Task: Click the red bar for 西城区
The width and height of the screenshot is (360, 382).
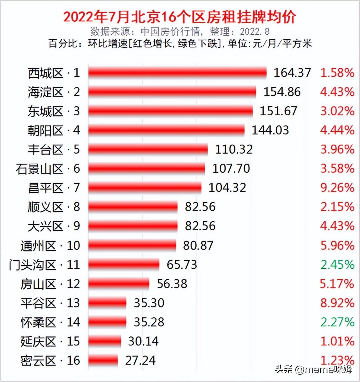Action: pyautogui.click(x=177, y=73)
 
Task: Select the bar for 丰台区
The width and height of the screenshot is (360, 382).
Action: pyautogui.click(x=148, y=149)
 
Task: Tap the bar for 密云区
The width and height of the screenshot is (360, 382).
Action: pyautogui.click(x=103, y=360)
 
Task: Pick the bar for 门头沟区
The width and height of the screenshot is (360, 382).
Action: pyautogui.click(x=124, y=265)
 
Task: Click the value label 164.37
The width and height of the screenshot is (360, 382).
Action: pyautogui.click(x=292, y=73)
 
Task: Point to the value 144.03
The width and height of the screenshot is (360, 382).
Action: pyautogui.click(x=270, y=130)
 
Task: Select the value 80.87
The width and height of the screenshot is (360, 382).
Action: pyautogui.click(x=198, y=246)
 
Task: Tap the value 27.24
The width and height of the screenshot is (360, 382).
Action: pyautogui.click(x=140, y=360)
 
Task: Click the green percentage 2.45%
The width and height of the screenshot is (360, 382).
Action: pyautogui.click(x=337, y=265)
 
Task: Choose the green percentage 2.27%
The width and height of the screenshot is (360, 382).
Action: pyautogui.click(x=337, y=322)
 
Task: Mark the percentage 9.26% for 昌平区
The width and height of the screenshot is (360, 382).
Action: pyautogui.click(x=337, y=188)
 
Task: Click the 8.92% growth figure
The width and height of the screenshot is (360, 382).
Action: pyautogui.click(x=337, y=303)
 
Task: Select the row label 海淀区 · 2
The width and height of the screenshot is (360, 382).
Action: pyautogui.click(x=54, y=92)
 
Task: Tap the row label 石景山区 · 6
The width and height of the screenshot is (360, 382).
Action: pyautogui.click(x=48, y=169)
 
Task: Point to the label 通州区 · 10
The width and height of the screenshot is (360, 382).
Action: pyautogui.click(x=50, y=246)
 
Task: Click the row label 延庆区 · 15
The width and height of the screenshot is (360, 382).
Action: pyautogui.click(x=50, y=341)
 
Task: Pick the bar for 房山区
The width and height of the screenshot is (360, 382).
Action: pyautogui.click(x=119, y=284)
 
